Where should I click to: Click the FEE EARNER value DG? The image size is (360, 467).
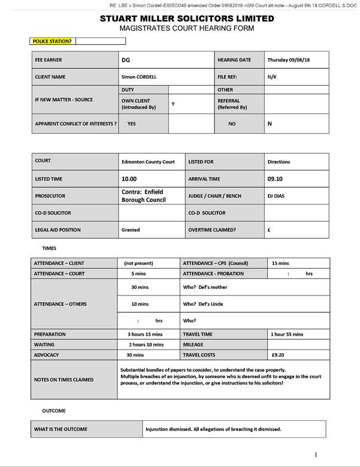(125, 61)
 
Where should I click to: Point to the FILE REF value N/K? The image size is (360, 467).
(273, 77)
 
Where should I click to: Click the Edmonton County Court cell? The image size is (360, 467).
(148, 162)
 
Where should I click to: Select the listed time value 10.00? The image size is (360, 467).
(129, 179)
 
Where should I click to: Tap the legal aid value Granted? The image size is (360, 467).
(131, 230)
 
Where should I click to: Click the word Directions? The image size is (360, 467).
(279, 162)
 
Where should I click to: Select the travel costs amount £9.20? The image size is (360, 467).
(277, 355)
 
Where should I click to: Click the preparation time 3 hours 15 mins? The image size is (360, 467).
(145, 334)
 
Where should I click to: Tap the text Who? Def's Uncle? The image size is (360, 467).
(202, 304)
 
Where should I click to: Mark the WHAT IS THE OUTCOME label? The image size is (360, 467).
(60, 429)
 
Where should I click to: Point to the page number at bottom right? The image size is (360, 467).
(316, 455)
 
